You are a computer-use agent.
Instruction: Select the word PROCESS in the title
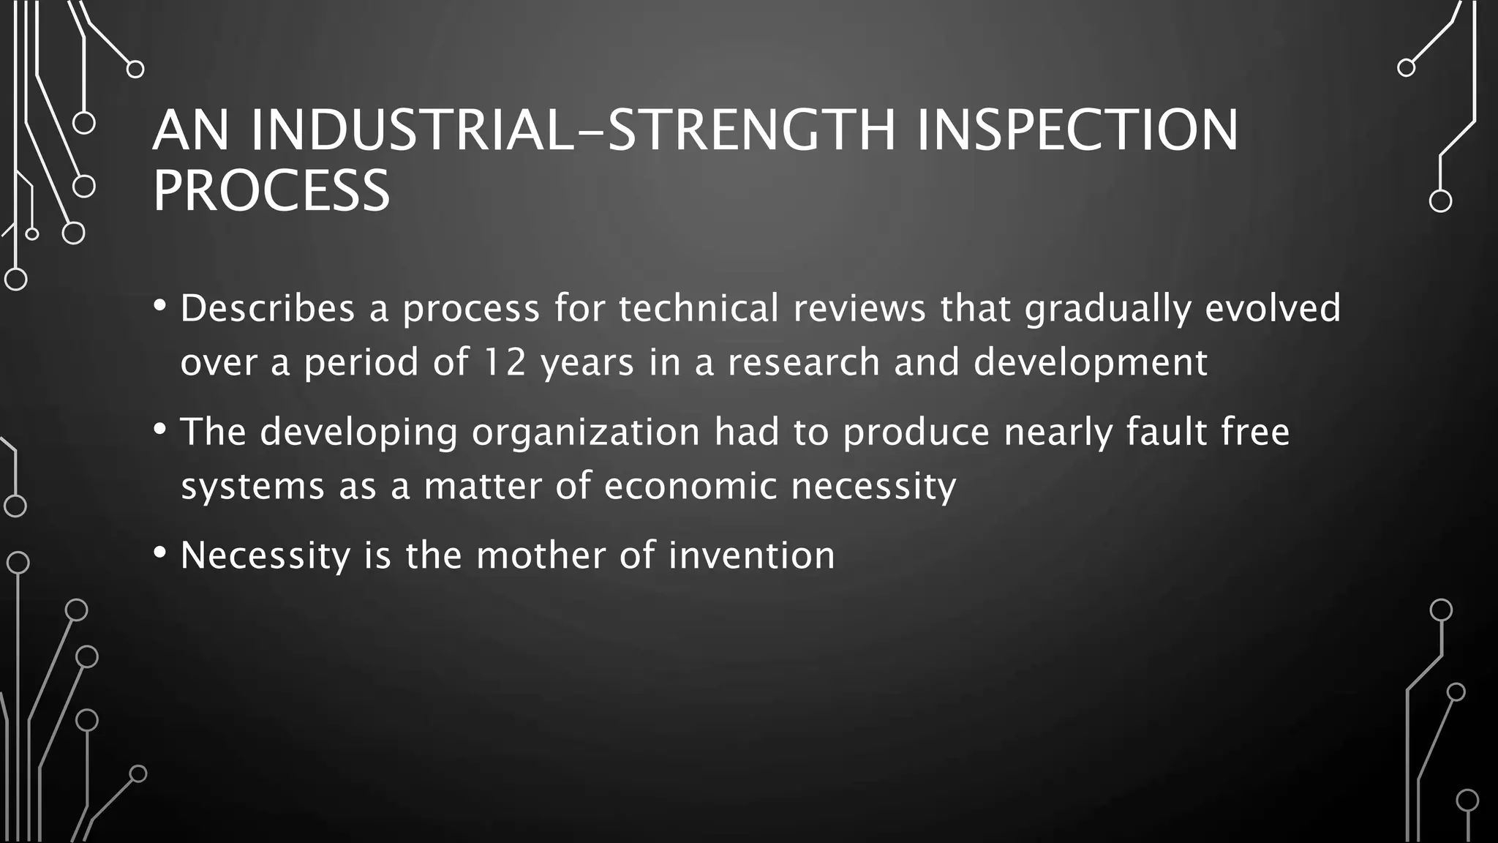click(271, 190)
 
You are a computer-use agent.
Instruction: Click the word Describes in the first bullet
click(268, 308)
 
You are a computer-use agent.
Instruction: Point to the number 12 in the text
click(505, 362)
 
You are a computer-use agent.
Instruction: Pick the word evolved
click(1273, 308)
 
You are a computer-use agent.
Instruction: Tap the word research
click(804, 362)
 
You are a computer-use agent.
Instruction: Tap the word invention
click(751, 555)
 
